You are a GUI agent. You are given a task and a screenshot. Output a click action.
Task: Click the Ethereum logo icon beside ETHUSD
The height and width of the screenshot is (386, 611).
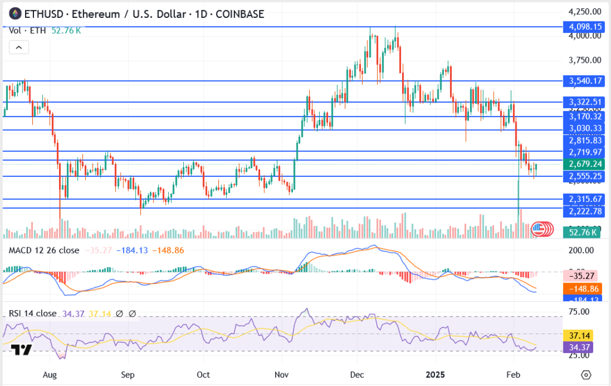(x=14, y=14)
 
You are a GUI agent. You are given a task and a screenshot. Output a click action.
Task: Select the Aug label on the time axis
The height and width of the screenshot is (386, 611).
(x=50, y=375)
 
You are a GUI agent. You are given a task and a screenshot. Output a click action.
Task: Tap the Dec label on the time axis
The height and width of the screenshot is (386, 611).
(x=357, y=375)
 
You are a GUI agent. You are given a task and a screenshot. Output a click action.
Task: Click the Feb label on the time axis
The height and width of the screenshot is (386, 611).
(x=513, y=375)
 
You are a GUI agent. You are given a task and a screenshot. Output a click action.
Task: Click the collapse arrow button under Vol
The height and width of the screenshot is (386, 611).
(x=18, y=48)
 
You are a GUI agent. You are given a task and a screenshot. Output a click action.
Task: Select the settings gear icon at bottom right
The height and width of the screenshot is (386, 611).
(x=586, y=375)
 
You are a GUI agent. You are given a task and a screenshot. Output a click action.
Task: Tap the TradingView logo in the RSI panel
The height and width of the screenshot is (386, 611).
(x=22, y=350)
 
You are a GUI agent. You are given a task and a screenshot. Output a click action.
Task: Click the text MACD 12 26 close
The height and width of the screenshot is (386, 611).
(x=43, y=250)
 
